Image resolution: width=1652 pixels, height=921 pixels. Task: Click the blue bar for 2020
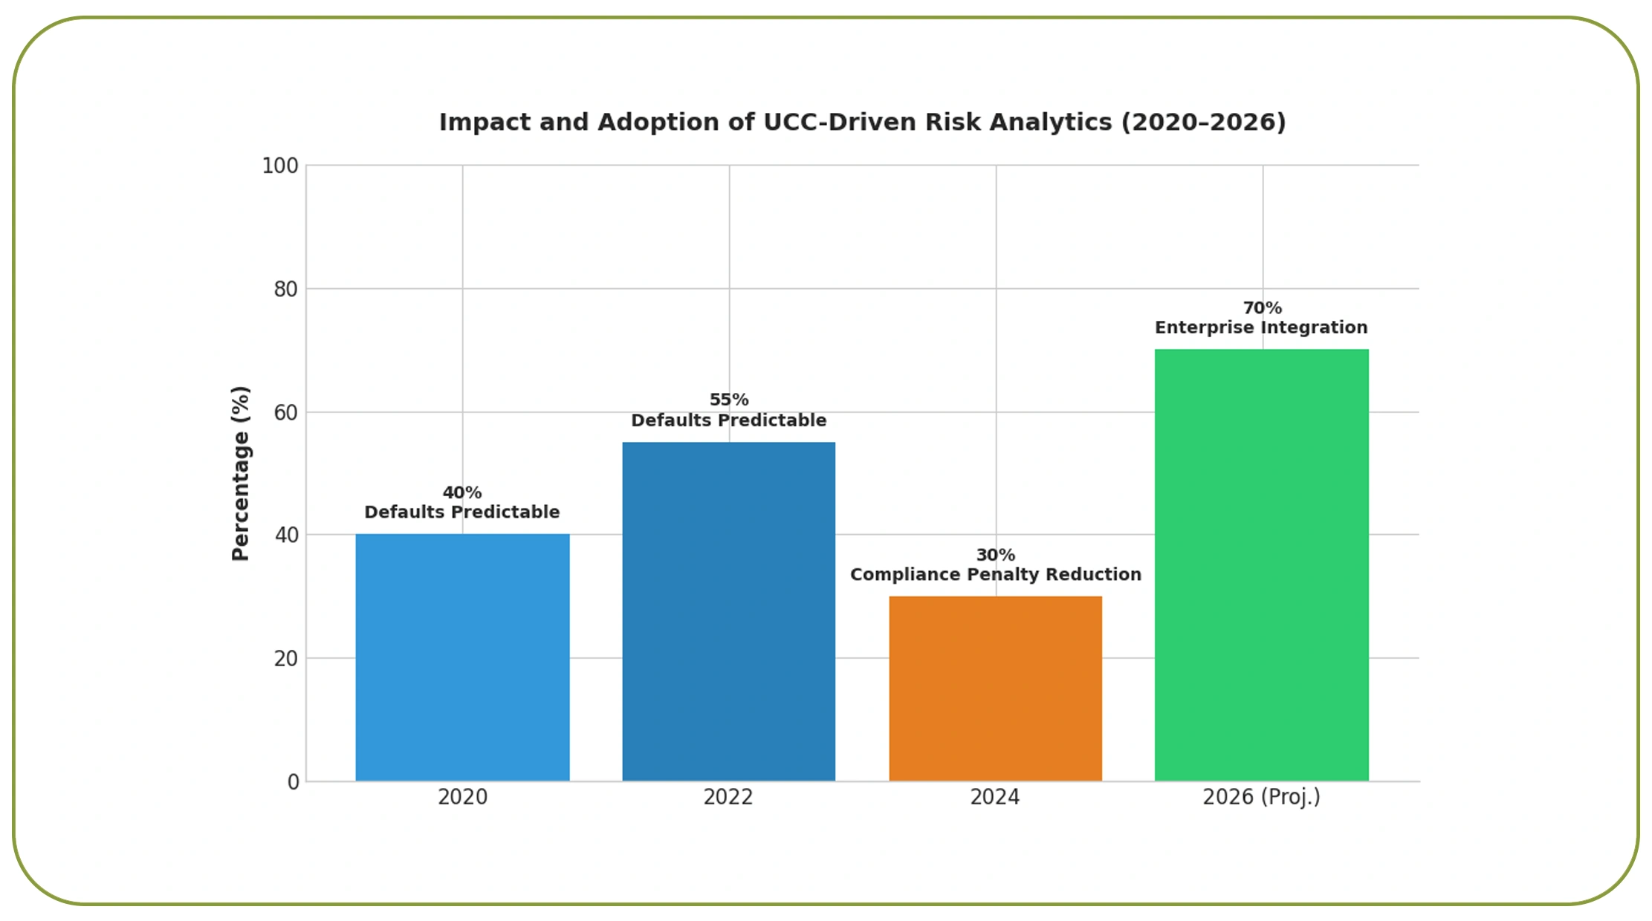[x=462, y=657]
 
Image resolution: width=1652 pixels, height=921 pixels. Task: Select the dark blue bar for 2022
[x=728, y=611]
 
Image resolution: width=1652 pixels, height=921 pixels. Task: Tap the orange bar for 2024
[x=995, y=688]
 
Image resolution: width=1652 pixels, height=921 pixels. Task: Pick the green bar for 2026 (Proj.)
[x=1261, y=564]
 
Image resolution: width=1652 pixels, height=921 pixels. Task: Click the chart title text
[x=862, y=123]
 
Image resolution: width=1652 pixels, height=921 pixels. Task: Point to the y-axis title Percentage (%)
[x=241, y=473]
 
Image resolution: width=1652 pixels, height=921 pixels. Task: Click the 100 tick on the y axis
[x=280, y=166]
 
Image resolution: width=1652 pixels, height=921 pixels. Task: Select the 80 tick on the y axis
[x=286, y=289]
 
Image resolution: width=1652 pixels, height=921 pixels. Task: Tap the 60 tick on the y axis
[x=286, y=412]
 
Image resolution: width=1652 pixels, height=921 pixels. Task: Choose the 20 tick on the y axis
[x=286, y=659]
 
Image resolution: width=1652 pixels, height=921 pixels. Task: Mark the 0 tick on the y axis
[x=294, y=782]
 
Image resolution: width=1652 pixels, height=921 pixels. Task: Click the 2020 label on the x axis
[x=462, y=797]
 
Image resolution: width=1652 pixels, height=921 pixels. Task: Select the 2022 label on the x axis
[x=728, y=797]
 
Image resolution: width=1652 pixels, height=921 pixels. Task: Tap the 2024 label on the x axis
[x=995, y=797]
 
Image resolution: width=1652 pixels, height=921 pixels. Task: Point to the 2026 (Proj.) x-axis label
[x=1261, y=797]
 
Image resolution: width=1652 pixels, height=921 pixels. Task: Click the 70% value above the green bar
[x=1262, y=307]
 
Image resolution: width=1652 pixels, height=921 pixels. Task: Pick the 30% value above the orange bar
[x=995, y=555]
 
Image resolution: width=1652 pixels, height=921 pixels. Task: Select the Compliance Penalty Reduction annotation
[x=995, y=574]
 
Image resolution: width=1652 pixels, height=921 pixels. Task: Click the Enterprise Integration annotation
[x=1260, y=328]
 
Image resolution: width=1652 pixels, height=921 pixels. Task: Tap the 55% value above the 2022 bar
[x=729, y=400]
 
